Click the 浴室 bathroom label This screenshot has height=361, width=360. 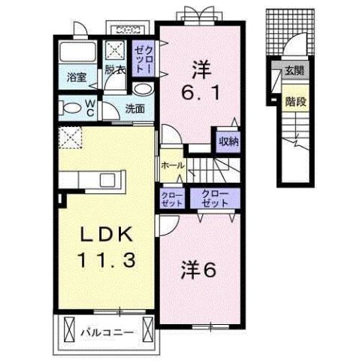(x=75, y=77)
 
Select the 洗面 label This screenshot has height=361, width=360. (x=135, y=108)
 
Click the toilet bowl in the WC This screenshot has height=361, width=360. (x=71, y=108)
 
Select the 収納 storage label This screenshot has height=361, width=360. (x=229, y=141)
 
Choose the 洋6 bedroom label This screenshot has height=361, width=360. (x=200, y=268)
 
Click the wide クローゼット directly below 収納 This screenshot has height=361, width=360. (x=215, y=199)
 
